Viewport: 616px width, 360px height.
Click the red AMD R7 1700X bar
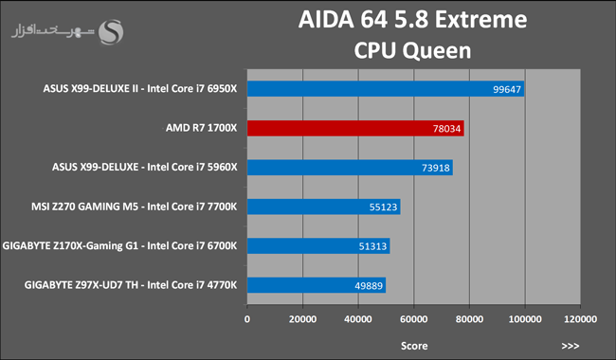coord(355,129)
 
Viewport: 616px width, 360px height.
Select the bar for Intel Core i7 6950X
coord(386,89)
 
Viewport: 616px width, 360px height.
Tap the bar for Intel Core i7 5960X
coord(350,168)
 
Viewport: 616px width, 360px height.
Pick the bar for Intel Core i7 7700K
coord(324,207)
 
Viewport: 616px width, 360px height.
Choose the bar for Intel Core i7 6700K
coord(318,245)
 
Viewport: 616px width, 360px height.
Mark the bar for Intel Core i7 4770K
coord(317,285)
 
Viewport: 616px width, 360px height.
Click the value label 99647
coord(507,89)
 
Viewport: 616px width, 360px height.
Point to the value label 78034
coord(446,129)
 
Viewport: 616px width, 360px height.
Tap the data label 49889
coord(369,286)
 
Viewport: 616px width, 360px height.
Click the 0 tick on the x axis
coord(247,319)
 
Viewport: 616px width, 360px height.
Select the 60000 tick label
coord(414,319)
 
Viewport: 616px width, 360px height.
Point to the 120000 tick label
coord(581,319)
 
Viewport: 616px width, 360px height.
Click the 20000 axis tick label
coord(303,319)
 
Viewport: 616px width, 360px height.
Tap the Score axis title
coord(414,346)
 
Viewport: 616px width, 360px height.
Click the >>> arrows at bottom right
coord(571,346)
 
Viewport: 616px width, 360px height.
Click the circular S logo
coord(111,32)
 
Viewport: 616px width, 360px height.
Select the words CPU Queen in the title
coord(412,50)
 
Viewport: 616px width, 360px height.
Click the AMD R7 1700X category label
coord(201,128)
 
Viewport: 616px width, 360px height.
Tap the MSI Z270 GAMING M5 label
coord(85,207)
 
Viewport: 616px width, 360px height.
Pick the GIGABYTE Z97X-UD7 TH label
coord(82,285)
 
